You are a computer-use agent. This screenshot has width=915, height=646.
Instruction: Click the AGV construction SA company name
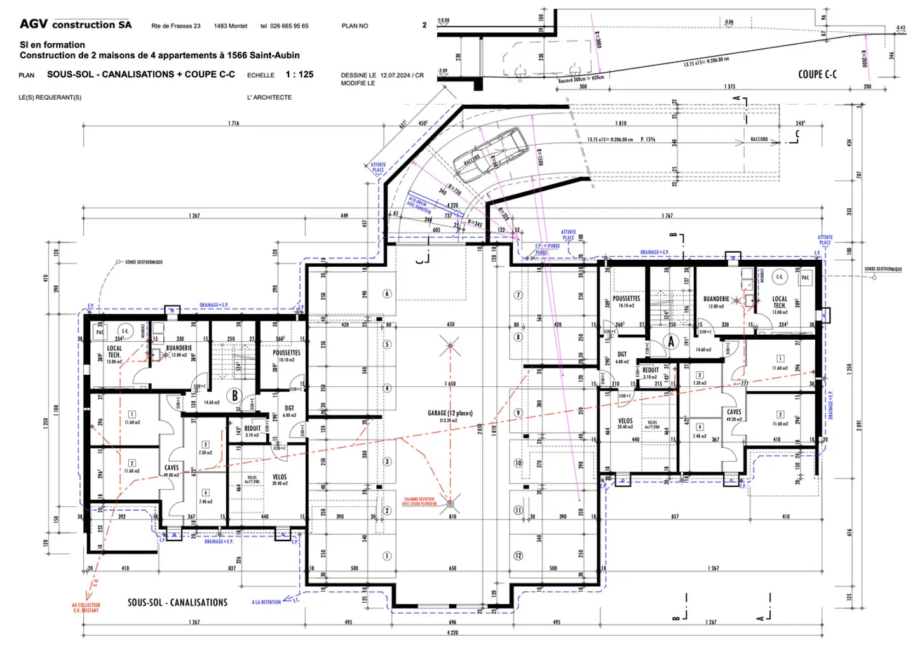pyautogui.click(x=76, y=25)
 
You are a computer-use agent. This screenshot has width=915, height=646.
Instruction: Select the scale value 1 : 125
pyautogui.click(x=299, y=74)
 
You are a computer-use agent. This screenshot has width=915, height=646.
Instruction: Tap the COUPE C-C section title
pyautogui.click(x=817, y=74)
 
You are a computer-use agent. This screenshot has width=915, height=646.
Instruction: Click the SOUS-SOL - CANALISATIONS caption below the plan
pyautogui.click(x=177, y=602)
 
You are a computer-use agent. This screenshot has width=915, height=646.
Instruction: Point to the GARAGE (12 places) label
pyautogui.click(x=450, y=414)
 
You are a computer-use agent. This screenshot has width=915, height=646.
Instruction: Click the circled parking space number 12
pyautogui.click(x=518, y=556)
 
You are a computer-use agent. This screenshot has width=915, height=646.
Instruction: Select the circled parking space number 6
pyautogui.click(x=387, y=293)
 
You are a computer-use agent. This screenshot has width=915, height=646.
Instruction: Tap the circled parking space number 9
pyautogui.click(x=518, y=413)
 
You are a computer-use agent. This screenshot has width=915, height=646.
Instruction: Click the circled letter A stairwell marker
pyautogui.click(x=671, y=342)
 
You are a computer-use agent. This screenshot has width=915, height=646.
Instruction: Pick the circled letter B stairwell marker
pyautogui.click(x=234, y=396)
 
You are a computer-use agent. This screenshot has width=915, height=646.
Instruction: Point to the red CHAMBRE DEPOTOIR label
pyautogui.click(x=419, y=501)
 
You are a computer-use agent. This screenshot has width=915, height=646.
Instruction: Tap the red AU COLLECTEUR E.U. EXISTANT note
pyautogui.click(x=86, y=608)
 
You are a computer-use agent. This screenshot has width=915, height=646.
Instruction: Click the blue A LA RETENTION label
pyautogui.click(x=266, y=602)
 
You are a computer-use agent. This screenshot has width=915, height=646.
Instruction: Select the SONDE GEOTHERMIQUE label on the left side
pyautogui.click(x=144, y=262)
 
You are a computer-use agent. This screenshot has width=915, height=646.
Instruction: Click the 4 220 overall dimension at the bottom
pyautogui.click(x=452, y=633)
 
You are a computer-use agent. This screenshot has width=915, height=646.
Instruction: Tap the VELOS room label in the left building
pyautogui.click(x=280, y=476)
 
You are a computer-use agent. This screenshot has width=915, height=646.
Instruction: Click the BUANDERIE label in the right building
pyautogui.click(x=716, y=299)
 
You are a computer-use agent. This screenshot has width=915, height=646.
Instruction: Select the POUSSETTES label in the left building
pyautogui.click(x=287, y=353)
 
